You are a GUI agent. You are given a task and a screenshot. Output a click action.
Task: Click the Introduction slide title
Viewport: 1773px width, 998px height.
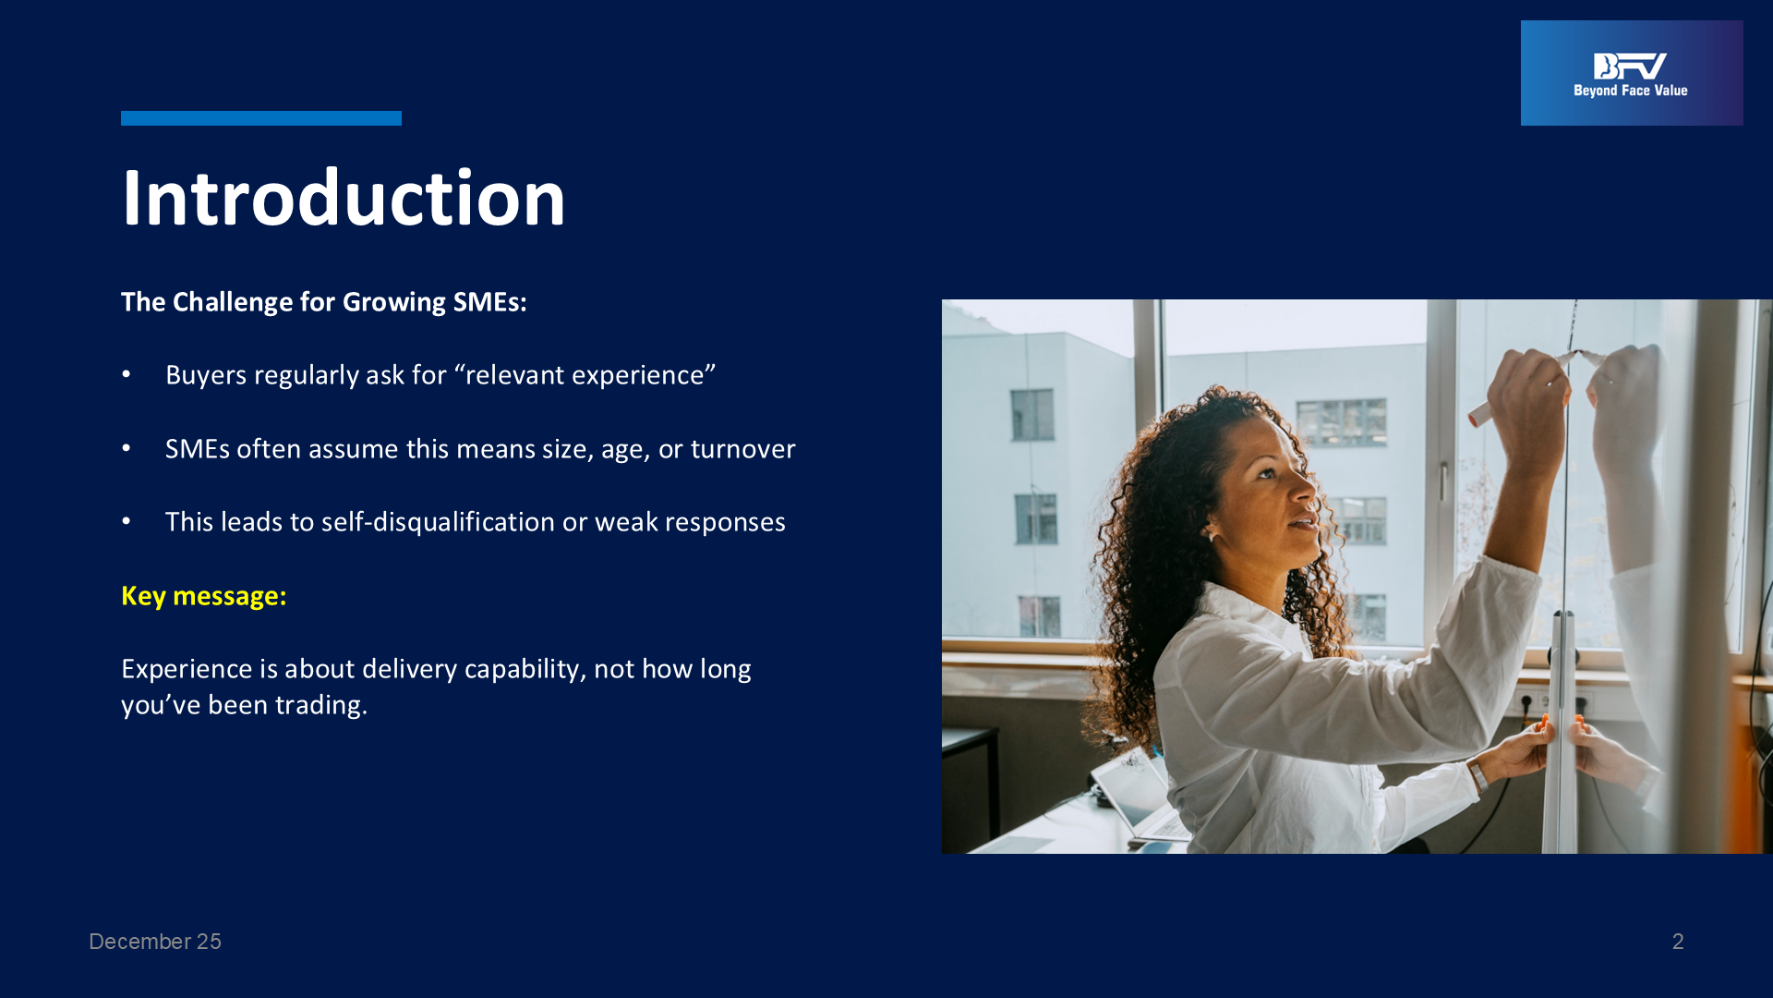pyautogui.click(x=343, y=198)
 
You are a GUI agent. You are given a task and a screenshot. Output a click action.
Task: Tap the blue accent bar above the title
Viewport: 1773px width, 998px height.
pyautogui.click(x=261, y=118)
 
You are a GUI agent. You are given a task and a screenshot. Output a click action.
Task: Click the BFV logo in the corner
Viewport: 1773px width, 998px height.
pyautogui.click(x=1632, y=73)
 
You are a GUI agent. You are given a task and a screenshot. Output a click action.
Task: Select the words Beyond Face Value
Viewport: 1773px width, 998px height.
pyautogui.click(x=1631, y=91)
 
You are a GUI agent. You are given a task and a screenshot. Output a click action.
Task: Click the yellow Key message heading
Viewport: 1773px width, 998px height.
pyautogui.click(x=204, y=596)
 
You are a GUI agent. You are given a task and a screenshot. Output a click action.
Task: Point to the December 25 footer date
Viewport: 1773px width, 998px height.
pyautogui.click(x=155, y=942)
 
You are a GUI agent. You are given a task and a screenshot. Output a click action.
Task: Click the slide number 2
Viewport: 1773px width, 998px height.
pyautogui.click(x=1678, y=942)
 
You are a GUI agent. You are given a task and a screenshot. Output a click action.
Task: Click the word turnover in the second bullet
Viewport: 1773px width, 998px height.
pyautogui.click(x=742, y=449)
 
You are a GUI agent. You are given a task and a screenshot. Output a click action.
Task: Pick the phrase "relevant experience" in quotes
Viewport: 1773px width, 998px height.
pyautogui.click(x=585, y=375)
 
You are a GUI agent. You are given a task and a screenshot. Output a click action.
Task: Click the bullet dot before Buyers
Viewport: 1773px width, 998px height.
pyautogui.click(x=127, y=374)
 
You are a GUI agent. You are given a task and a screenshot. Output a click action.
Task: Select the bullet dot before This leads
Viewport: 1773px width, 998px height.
pyautogui.click(x=127, y=521)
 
